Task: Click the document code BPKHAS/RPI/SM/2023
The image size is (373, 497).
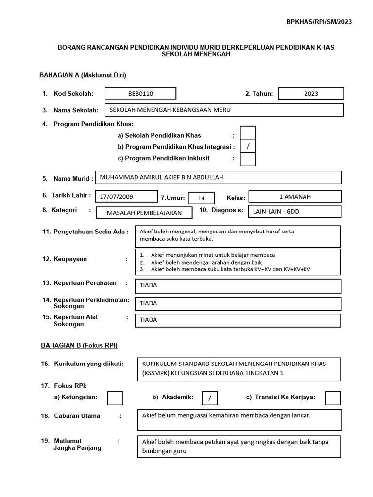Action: [x=319, y=22]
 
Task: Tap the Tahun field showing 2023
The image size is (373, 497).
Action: [x=311, y=93]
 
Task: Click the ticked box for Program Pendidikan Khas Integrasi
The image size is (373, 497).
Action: [x=248, y=146]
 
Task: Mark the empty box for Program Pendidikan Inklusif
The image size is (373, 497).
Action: [x=248, y=159]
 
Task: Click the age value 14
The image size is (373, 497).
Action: [x=202, y=198]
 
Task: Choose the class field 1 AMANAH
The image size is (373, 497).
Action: [x=295, y=197]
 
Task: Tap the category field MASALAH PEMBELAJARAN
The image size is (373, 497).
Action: [x=144, y=213]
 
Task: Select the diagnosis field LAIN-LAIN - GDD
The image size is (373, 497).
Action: [x=295, y=212]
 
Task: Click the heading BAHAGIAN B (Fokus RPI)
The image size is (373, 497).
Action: [x=78, y=345]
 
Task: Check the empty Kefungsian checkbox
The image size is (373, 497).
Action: [x=115, y=398]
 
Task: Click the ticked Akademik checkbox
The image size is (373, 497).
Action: [x=210, y=398]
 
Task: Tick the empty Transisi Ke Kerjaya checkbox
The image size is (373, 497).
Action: [x=333, y=398]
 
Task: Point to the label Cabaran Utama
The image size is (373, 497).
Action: [x=77, y=416]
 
